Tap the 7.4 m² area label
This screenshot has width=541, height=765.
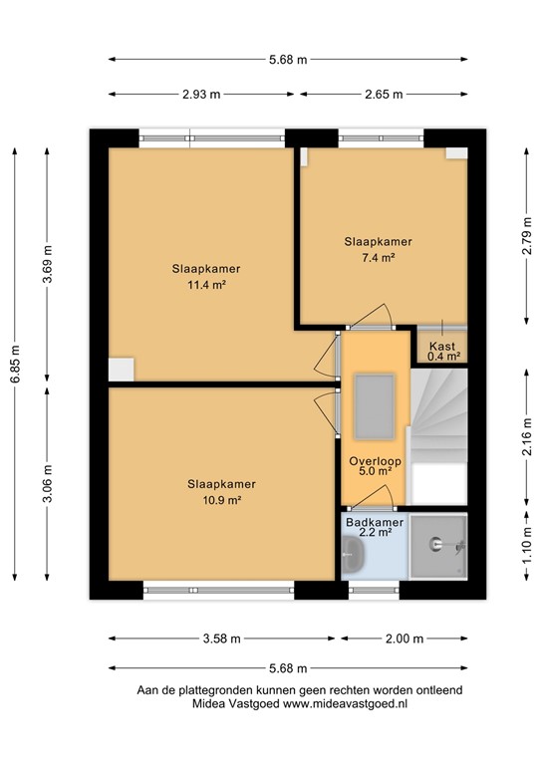click(378, 257)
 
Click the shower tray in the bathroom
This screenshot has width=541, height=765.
click(437, 546)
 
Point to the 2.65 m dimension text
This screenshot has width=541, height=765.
click(385, 95)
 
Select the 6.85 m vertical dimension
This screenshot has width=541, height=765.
click(14, 364)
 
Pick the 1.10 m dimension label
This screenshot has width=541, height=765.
click(526, 546)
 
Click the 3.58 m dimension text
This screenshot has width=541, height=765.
click(223, 638)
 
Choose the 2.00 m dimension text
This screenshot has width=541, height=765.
click(404, 638)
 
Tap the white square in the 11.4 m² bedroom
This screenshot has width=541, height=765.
click(121, 369)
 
